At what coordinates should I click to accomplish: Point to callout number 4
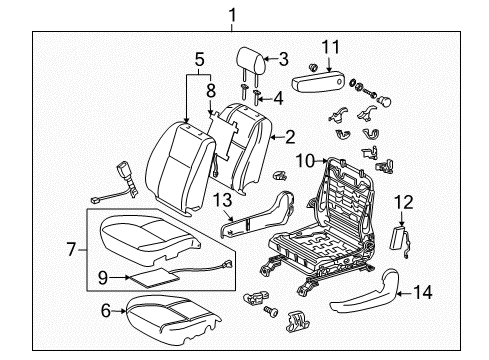click(x=279, y=98)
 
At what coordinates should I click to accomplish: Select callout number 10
click(x=309, y=157)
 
